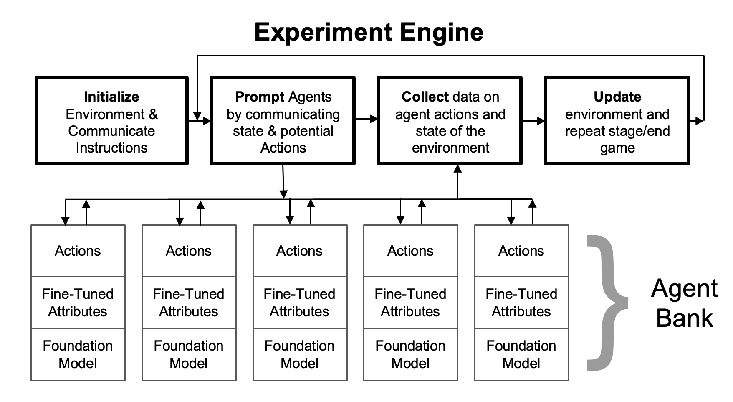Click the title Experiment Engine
(369, 32)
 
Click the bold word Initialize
(111, 97)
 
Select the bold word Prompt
(260, 97)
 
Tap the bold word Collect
(425, 97)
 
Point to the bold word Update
(617, 97)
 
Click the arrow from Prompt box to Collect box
(366, 120)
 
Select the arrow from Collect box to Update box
(533, 121)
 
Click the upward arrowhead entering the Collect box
(458, 169)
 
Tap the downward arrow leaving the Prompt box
(283, 182)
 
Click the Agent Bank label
(684, 303)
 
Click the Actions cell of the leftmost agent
(78, 251)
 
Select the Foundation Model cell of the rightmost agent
(521, 354)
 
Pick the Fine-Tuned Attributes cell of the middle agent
(300, 303)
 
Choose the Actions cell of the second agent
(189, 251)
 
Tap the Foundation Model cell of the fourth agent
(410, 354)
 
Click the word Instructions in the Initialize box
(111, 148)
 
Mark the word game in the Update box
(617, 148)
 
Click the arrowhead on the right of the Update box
(700, 121)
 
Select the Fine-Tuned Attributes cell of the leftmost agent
(78, 303)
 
